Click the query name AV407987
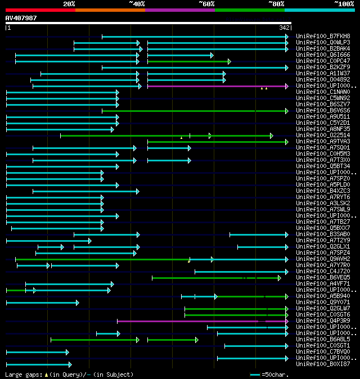point(21,18)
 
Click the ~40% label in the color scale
point(137,4)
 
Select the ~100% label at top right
point(343,4)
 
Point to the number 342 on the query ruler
point(284,28)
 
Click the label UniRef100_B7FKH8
point(322,37)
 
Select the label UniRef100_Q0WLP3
point(322,43)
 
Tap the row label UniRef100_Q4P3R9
point(322,321)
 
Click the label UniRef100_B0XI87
point(322,364)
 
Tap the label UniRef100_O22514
point(322,136)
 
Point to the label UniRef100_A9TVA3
point(322,142)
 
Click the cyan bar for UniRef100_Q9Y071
point(42,303)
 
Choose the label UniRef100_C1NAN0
point(322,92)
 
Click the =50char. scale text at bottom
point(276,375)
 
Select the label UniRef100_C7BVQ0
point(322,352)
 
